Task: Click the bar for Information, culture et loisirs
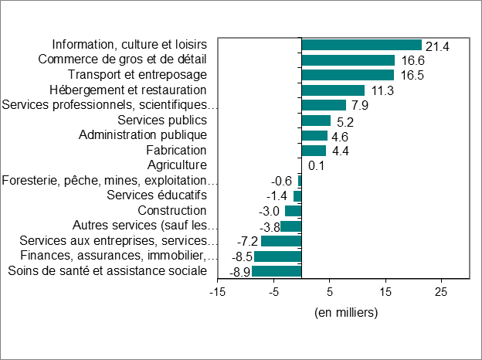(x=361, y=45)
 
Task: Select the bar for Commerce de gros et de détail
(x=348, y=60)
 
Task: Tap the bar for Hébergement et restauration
(x=333, y=90)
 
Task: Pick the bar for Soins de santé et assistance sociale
(x=277, y=271)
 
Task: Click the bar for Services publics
(x=316, y=121)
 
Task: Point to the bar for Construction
(x=294, y=211)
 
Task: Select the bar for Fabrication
(x=314, y=151)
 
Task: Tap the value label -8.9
(x=239, y=272)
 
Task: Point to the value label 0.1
(x=316, y=165)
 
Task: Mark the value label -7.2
(x=249, y=242)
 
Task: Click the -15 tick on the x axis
(x=218, y=291)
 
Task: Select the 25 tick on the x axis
(x=440, y=291)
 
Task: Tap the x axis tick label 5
(x=330, y=291)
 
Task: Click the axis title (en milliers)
(x=345, y=312)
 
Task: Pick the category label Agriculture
(x=177, y=165)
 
